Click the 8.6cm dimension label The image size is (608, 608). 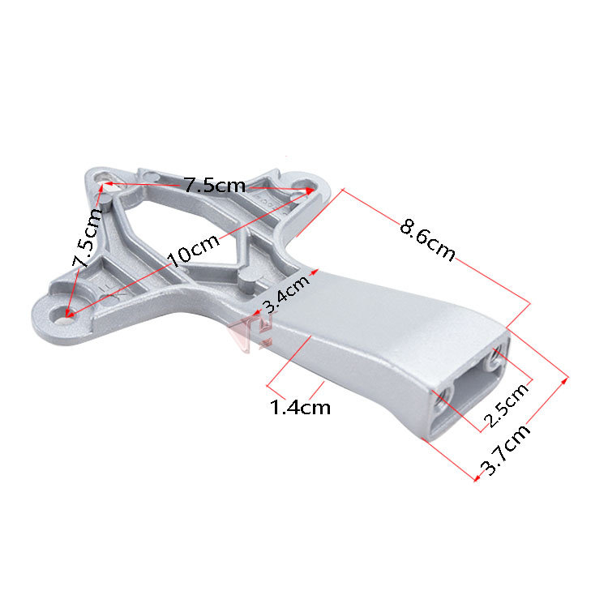pyautogui.click(x=427, y=240)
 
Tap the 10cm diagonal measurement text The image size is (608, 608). pyautogui.click(x=193, y=250)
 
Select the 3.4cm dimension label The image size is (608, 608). pyautogui.click(x=286, y=293)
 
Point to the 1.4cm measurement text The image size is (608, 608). pyautogui.click(x=300, y=407)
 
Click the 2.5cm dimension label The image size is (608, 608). pyautogui.click(x=507, y=405)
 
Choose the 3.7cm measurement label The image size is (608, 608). pyautogui.click(x=505, y=449)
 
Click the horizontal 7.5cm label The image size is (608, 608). pyautogui.click(x=215, y=185)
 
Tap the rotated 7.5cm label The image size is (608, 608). pyautogui.click(x=87, y=238)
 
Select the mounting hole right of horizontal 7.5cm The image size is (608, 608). pyautogui.click(x=304, y=185)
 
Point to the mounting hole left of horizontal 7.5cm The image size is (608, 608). pyautogui.click(x=104, y=178)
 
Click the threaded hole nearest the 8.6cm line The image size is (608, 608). pyautogui.click(x=495, y=358)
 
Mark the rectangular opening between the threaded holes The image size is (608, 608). pyautogui.click(x=470, y=384)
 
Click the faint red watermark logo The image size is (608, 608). pyautogui.click(x=252, y=332)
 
